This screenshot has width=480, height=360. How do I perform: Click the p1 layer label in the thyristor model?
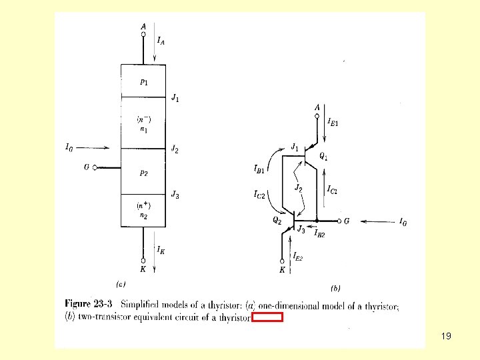[x=144, y=83]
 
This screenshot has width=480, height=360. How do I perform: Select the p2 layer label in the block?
[x=144, y=171]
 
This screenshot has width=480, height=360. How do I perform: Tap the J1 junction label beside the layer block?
[x=175, y=99]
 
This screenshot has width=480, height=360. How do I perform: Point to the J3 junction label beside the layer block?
[x=175, y=195]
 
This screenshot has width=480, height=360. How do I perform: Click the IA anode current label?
[x=161, y=41]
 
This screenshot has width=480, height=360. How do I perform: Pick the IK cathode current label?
[x=161, y=250]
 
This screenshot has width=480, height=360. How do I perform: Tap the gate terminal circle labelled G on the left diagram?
[x=95, y=168]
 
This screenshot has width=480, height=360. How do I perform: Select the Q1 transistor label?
[x=323, y=156]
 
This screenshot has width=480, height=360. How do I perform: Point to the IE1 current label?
[x=333, y=122]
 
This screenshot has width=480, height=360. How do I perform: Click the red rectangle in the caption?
[x=267, y=317]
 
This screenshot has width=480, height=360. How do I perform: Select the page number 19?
[x=446, y=336]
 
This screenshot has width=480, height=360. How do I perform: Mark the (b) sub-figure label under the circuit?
[x=335, y=288]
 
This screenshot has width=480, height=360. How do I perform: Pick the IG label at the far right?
[x=403, y=222]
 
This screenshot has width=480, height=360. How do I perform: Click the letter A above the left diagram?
[x=143, y=27]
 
